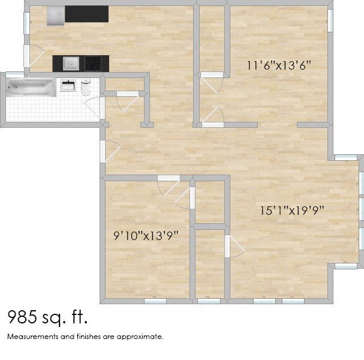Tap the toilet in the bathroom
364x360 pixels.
click(x=85, y=89)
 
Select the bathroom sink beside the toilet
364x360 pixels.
click(x=68, y=85)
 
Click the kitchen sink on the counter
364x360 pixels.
click(x=71, y=62)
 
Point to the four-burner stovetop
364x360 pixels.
click(x=93, y=62)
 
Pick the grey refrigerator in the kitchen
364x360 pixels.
click(x=55, y=16)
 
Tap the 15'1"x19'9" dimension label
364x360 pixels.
click(x=292, y=211)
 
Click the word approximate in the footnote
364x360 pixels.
click(x=142, y=337)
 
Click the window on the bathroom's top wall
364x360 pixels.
click(x=16, y=74)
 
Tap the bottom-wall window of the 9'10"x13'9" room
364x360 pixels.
click(x=155, y=301)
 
